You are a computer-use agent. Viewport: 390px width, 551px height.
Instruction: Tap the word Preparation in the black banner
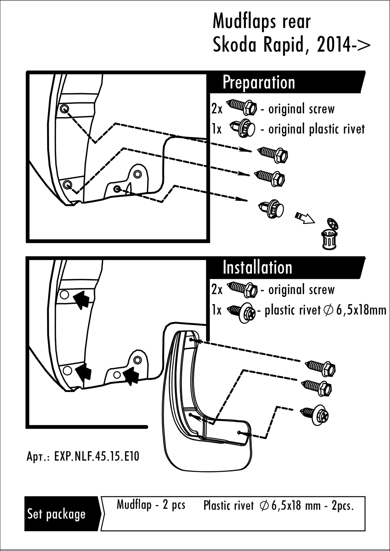[259, 83]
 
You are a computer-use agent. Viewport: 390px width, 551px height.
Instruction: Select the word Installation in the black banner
[257, 268]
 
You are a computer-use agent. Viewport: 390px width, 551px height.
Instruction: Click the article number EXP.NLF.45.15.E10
[97, 456]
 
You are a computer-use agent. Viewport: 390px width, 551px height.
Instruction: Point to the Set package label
[56, 514]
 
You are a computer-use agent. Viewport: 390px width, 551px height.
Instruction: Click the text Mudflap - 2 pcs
[151, 504]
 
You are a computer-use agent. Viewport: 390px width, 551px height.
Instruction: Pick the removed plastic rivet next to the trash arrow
[271, 209]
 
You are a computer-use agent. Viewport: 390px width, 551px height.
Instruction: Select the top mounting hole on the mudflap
[191, 340]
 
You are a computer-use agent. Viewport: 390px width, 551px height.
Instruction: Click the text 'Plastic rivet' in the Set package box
[228, 506]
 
